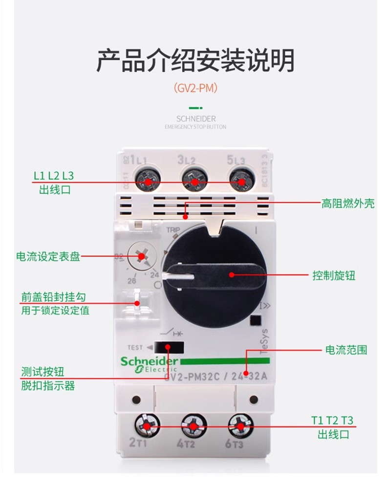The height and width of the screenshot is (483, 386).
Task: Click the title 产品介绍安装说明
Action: (195, 61)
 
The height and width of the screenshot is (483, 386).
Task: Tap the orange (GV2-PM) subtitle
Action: (195, 88)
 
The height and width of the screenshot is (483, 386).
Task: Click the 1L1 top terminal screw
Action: (148, 181)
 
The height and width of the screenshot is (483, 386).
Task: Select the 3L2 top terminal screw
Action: (194, 181)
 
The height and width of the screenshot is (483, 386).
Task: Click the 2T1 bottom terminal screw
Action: (148, 426)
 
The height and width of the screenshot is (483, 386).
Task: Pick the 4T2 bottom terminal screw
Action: (194, 426)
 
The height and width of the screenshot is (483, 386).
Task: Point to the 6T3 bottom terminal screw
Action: (240, 426)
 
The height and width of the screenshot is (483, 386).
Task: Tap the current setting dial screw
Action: (142, 255)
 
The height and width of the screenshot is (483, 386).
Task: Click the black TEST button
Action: (169, 347)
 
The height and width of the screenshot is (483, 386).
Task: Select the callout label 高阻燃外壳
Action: (347, 204)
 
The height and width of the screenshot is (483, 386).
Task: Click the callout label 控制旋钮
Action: (334, 275)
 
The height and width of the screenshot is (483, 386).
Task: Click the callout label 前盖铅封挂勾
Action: (54, 297)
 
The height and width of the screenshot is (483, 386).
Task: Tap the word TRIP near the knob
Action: (173, 230)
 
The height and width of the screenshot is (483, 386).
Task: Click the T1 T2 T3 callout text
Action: (332, 420)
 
